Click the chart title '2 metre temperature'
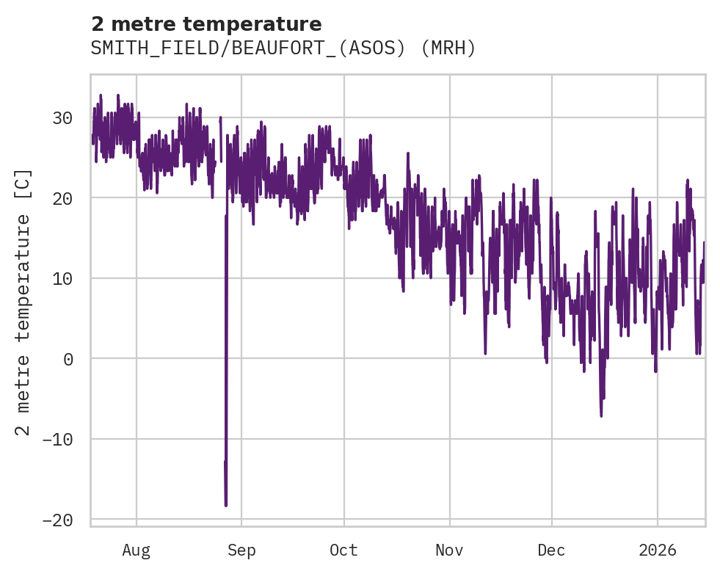pyautogui.click(x=206, y=24)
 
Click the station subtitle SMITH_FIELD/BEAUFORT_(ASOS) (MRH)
pyautogui.click(x=283, y=48)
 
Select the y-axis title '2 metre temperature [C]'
pyautogui.click(x=23, y=302)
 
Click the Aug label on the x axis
pyautogui.click(x=137, y=551)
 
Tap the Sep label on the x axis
pyautogui.click(x=241, y=551)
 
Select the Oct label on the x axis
pyautogui.click(x=343, y=551)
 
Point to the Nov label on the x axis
pyautogui.click(x=449, y=551)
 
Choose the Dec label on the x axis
pyautogui.click(x=552, y=551)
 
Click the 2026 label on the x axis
pyautogui.click(x=658, y=551)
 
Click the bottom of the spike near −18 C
pyautogui.click(x=226, y=505)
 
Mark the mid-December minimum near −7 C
pyautogui.click(x=601, y=415)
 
